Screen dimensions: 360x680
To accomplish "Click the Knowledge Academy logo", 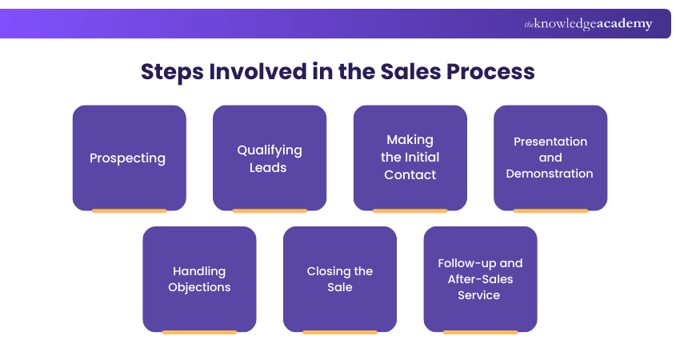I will [x=588, y=24].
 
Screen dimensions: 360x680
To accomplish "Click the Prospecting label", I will [x=128, y=158].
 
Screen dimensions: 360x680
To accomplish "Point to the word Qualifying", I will [x=270, y=150].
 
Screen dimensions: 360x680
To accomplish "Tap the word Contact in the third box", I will [x=410, y=174].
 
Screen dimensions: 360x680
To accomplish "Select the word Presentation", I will [x=550, y=142].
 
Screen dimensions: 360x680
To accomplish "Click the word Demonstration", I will [x=550, y=174].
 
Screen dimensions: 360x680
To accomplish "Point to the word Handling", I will [x=199, y=271].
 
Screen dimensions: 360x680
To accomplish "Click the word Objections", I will [x=199, y=287].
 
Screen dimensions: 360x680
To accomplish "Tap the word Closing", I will [x=329, y=271].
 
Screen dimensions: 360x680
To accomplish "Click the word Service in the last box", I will [x=479, y=295].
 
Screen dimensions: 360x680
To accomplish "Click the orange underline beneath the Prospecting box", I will [x=129, y=210].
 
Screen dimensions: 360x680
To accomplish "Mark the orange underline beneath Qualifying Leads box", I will [x=270, y=210].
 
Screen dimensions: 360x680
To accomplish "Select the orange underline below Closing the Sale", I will [x=340, y=332].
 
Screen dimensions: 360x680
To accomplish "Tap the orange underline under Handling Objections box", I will [x=199, y=332].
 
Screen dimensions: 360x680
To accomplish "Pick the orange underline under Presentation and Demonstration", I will [x=550, y=210].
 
